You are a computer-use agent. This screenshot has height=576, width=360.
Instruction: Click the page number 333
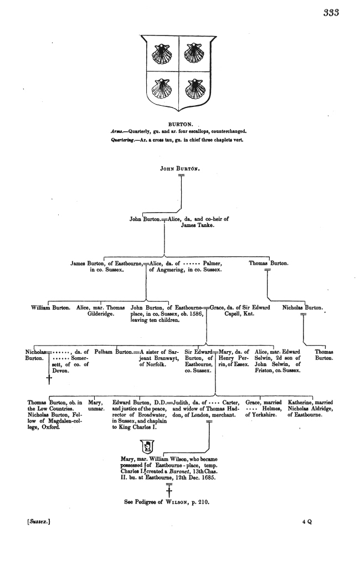click(x=331, y=13)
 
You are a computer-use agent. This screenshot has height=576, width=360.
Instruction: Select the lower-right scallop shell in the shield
click(x=194, y=89)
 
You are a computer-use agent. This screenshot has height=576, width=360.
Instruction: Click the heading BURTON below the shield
click(x=181, y=125)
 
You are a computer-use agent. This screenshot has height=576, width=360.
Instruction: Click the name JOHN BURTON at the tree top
click(x=180, y=168)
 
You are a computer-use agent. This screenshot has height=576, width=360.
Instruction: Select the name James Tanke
click(x=197, y=225)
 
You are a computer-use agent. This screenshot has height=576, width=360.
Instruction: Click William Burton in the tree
click(x=50, y=308)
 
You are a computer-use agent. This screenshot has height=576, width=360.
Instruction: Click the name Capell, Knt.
click(x=239, y=314)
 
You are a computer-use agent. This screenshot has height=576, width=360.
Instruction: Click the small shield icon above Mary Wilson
click(x=148, y=447)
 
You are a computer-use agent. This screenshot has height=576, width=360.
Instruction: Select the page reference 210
click(x=203, y=502)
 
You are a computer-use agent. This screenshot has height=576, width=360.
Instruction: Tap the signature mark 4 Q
click(x=307, y=522)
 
